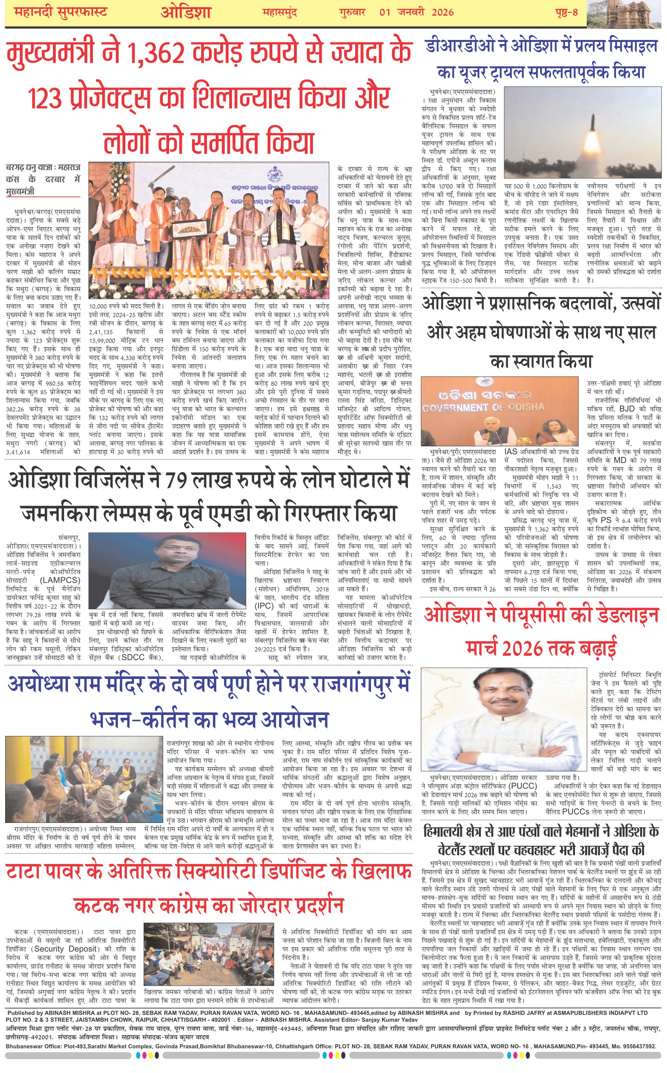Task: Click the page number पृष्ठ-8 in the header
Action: (x=566, y=12)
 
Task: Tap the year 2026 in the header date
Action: (x=443, y=12)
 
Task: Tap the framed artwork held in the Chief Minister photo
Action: (x=190, y=230)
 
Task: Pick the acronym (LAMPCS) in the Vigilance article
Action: (x=60, y=580)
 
